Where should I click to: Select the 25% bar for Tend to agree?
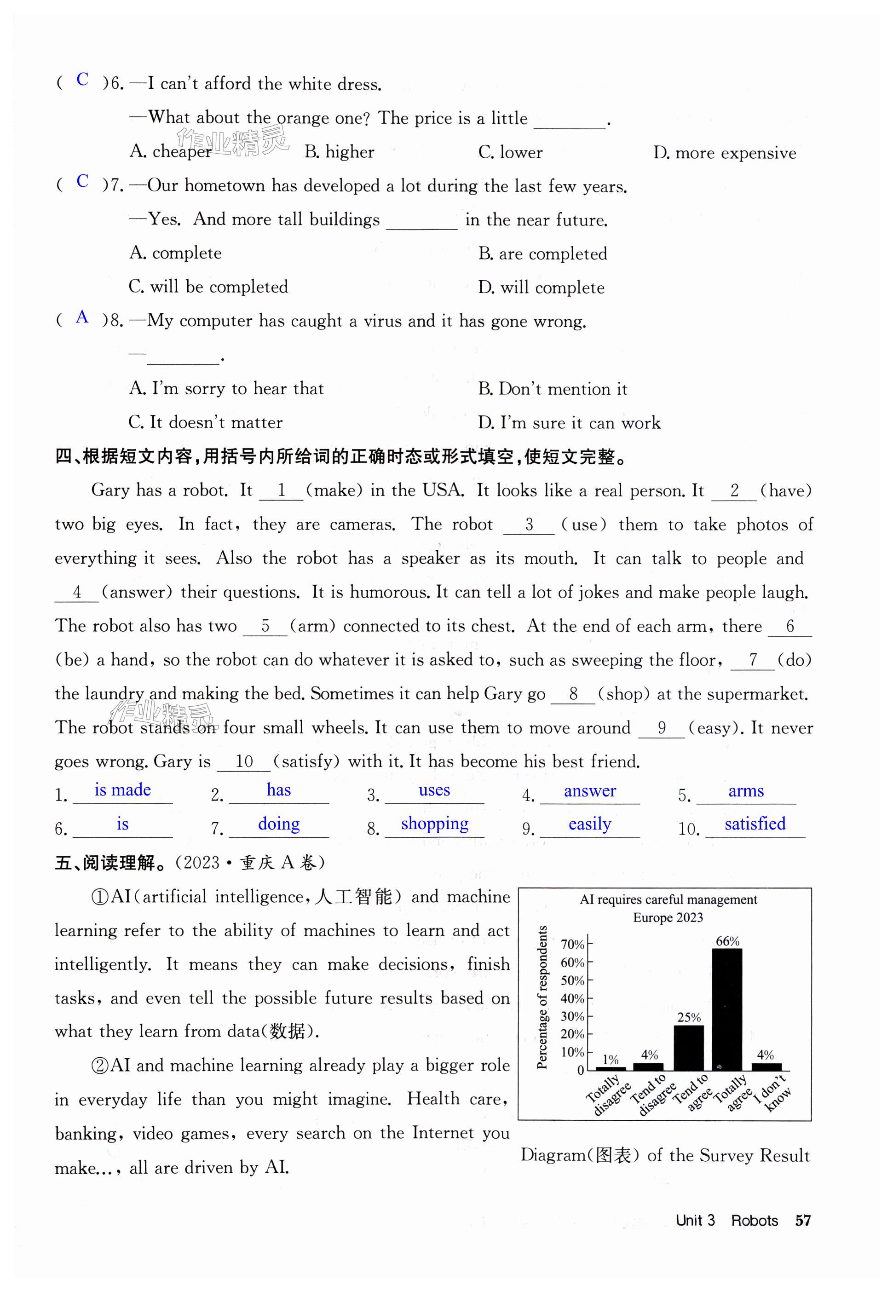tap(688, 1047)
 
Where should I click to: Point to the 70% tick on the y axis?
tap(572, 945)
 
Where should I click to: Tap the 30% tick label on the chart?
tap(572, 1016)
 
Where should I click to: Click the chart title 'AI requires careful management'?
tap(668, 899)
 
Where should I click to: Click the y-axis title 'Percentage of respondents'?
tap(542, 998)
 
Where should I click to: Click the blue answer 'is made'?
tap(122, 790)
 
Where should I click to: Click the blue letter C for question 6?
tap(82, 80)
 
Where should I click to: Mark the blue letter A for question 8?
tap(82, 317)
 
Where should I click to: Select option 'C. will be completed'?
tap(208, 287)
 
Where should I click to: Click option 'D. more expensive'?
tap(725, 153)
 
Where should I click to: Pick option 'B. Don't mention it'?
tap(552, 389)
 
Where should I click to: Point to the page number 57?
tap(803, 1221)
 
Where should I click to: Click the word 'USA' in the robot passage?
tap(443, 490)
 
